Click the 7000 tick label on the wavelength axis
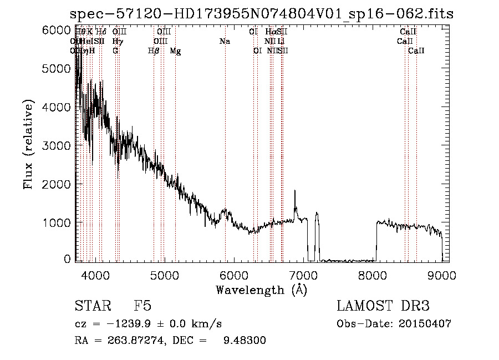click(x=303, y=274)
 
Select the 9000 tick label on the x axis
click(x=442, y=274)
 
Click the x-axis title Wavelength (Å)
click(x=261, y=290)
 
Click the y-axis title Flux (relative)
click(x=28, y=145)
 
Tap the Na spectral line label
click(x=225, y=42)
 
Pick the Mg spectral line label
click(x=175, y=51)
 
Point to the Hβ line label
click(x=154, y=51)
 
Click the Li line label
click(x=282, y=42)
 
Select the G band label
click(x=115, y=51)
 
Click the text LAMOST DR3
click(x=383, y=307)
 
